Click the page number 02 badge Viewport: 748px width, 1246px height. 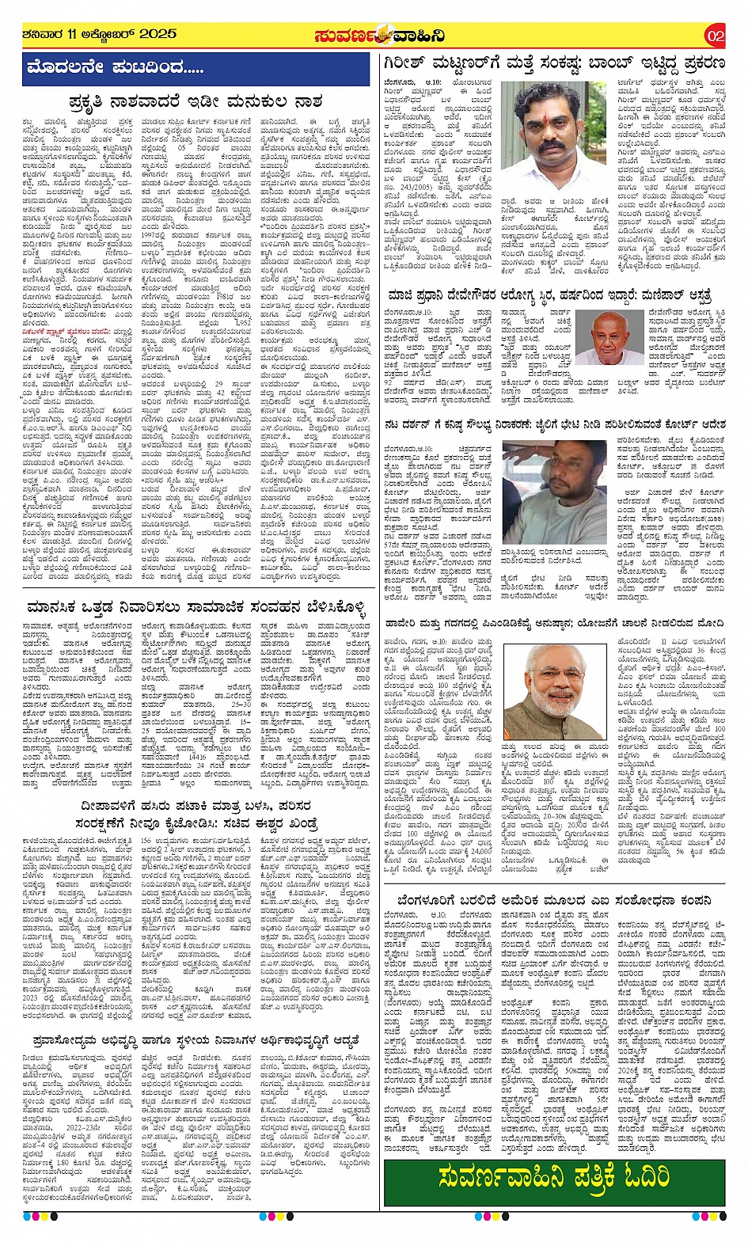pos(715,36)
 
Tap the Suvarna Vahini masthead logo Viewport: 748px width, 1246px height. pos(378,36)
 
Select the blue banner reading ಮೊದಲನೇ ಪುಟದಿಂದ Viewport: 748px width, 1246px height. pos(196,69)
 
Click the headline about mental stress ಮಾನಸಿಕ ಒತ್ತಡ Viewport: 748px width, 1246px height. pos(196,607)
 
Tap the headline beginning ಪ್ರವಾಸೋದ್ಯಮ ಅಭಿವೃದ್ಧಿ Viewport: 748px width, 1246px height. pos(196,1039)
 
